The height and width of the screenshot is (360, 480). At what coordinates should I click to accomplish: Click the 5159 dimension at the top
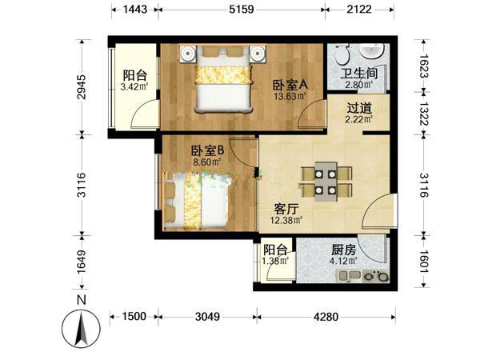coord(242,9)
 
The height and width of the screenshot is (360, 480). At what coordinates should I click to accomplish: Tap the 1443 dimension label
coord(135,9)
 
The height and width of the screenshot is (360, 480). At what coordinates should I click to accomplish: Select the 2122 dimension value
coord(359,9)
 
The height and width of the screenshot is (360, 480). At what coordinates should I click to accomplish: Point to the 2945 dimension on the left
coord(82,87)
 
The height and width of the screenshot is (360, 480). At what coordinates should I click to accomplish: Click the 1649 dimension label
coord(82,262)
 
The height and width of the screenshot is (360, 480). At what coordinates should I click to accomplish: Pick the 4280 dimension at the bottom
coord(326,317)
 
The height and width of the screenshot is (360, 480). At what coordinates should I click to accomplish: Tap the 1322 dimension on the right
coord(424,114)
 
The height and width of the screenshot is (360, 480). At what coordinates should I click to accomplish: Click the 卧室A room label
coord(290,85)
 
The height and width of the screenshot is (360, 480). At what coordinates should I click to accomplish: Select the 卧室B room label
coord(208,150)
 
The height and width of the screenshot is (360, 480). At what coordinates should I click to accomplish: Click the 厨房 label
coord(344,250)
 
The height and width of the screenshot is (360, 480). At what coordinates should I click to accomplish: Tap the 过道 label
coord(359,108)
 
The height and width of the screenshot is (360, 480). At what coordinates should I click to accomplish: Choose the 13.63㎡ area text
coord(290,97)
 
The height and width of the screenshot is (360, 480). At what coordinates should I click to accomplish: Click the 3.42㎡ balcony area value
coord(134,87)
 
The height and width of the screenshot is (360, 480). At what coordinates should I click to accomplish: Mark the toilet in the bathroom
coord(342,54)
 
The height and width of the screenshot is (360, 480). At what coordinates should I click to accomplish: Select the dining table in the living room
coord(326,182)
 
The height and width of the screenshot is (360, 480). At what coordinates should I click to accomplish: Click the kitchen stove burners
coord(376,276)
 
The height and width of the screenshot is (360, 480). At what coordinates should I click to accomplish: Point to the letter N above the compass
coord(81,300)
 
